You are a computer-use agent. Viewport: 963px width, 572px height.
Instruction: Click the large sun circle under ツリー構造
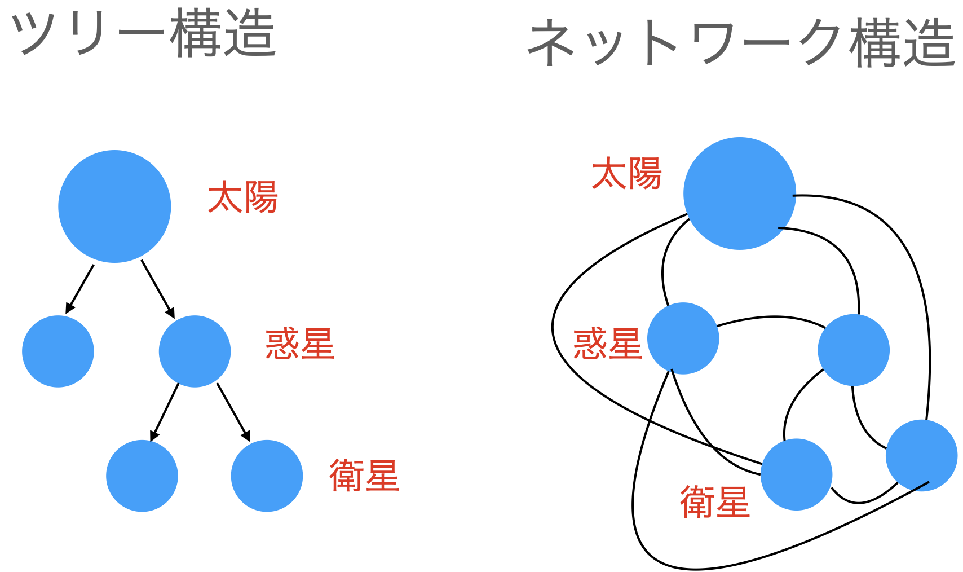click(x=114, y=206)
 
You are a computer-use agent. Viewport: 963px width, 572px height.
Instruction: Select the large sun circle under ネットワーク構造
click(x=739, y=193)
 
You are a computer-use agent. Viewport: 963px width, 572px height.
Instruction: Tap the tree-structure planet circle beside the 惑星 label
click(x=195, y=351)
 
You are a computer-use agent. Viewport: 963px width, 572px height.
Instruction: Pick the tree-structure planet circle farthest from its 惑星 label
click(x=58, y=351)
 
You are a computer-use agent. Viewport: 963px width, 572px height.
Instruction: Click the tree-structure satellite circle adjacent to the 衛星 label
click(x=267, y=476)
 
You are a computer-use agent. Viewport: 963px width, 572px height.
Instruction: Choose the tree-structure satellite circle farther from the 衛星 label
click(x=142, y=476)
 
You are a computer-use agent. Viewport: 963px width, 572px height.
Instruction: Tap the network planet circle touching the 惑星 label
click(x=683, y=338)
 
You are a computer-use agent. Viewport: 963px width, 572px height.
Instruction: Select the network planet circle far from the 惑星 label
click(x=854, y=350)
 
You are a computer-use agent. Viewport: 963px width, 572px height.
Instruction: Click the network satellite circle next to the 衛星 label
click(x=796, y=474)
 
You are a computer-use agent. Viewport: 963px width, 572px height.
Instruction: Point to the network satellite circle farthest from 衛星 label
click(x=921, y=455)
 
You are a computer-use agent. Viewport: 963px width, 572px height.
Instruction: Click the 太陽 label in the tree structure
click(x=243, y=197)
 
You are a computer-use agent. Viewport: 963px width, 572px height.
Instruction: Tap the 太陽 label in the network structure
click(x=627, y=174)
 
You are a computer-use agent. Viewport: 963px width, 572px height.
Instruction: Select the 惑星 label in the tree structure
click(x=300, y=344)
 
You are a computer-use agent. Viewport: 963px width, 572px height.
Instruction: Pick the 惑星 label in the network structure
click(x=607, y=344)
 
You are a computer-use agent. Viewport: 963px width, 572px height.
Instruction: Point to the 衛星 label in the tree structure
click(x=364, y=476)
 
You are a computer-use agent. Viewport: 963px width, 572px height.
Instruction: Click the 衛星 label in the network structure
click(x=715, y=501)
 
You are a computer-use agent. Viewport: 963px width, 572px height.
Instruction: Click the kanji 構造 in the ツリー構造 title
click(x=223, y=34)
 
